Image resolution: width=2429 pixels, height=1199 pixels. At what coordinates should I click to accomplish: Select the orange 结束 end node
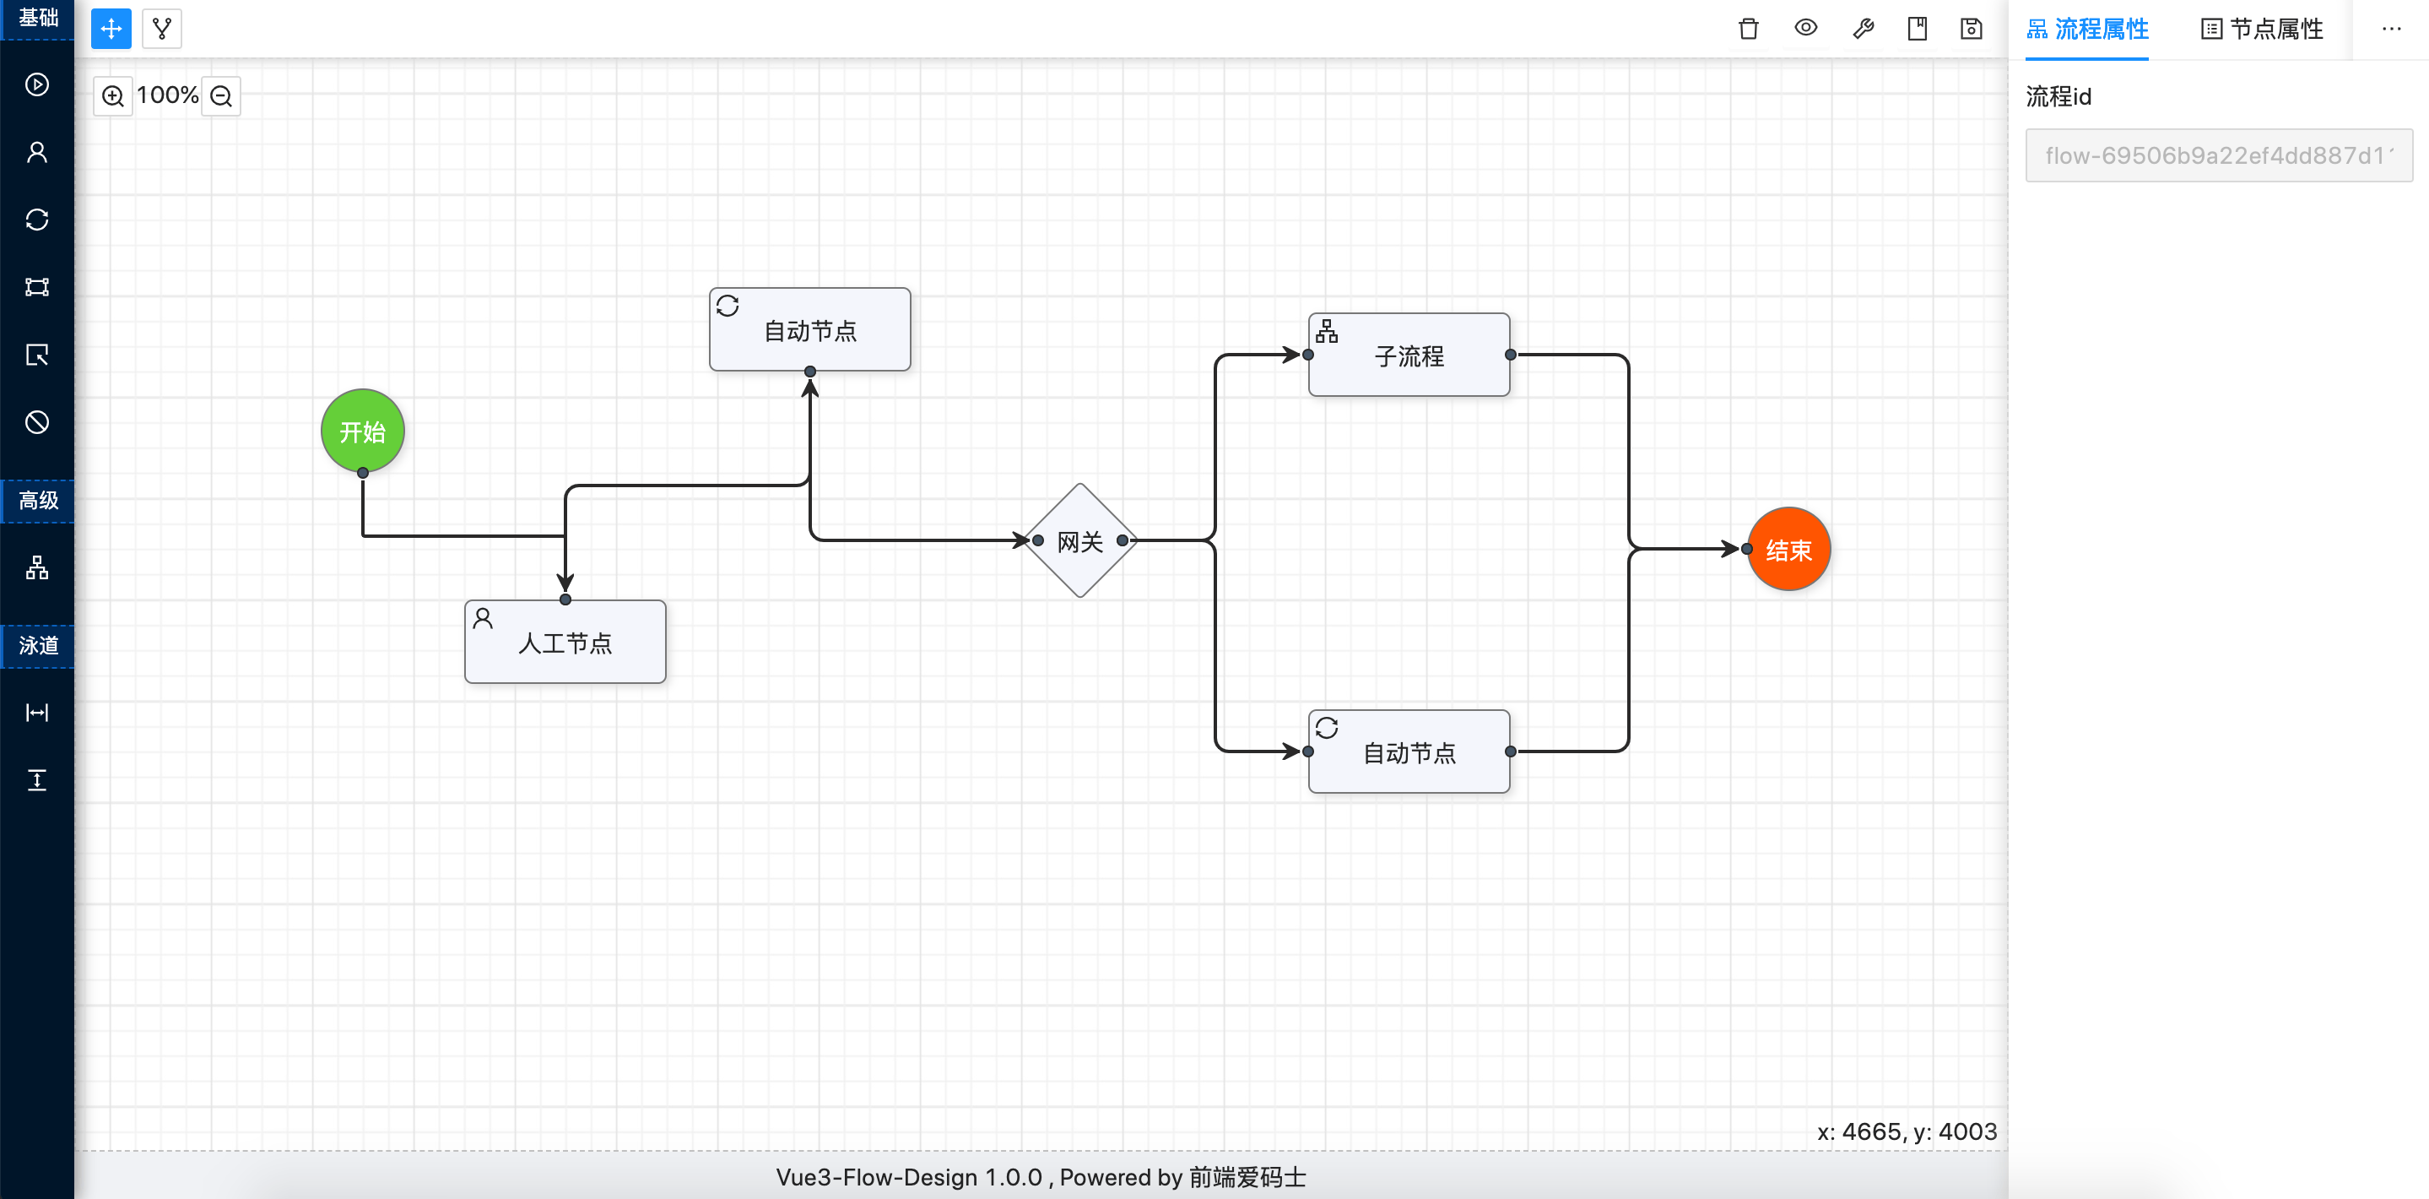coord(1788,549)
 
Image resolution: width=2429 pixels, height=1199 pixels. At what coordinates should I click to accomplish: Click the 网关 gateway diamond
coord(1079,540)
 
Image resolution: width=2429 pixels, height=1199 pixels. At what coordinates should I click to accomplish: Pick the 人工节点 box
coord(565,643)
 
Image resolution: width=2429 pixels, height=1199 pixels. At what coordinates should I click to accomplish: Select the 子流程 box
coord(1409,355)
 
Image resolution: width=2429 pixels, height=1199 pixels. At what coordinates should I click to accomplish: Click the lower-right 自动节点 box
coord(1409,751)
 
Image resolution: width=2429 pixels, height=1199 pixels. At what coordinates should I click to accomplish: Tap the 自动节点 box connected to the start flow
coord(809,330)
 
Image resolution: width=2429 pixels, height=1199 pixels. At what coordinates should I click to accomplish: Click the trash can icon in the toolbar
coord(1748,29)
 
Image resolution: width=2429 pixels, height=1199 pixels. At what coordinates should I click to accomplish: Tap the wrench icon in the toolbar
coord(1863,29)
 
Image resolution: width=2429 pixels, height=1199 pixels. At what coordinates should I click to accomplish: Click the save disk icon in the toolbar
coord(1971,29)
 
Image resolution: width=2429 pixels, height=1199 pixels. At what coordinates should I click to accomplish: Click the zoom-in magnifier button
coord(113,95)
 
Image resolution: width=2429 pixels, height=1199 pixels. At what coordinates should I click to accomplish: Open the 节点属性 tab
coord(2262,30)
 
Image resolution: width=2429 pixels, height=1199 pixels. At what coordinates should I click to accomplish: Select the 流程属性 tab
coord(2088,30)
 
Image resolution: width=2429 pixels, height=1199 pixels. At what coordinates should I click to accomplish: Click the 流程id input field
coord(2218,155)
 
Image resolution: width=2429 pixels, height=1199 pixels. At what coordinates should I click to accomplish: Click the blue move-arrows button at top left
coord(111,30)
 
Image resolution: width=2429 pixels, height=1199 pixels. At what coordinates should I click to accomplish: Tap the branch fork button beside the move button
coord(162,30)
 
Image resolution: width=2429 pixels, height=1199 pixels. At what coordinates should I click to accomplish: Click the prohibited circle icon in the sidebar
coord(37,421)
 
